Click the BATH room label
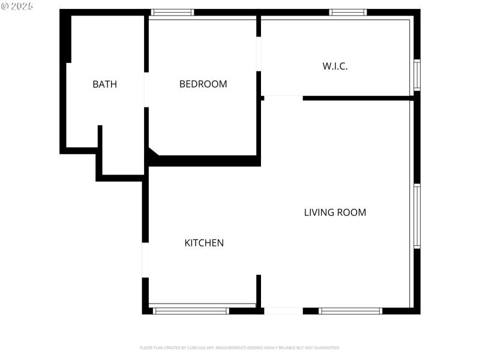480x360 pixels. click(104, 84)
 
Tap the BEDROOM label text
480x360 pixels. click(203, 84)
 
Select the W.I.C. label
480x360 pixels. click(335, 66)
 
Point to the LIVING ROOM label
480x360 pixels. click(335, 212)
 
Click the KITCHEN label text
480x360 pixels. click(204, 243)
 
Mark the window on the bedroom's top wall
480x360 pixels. click(172, 12)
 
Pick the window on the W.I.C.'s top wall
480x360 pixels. click(348, 12)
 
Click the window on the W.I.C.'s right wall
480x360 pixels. click(417, 74)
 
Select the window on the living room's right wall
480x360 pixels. click(417, 216)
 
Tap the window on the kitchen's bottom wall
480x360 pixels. click(191, 311)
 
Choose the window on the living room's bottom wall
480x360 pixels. click(350, 311)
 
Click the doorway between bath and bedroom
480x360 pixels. click(146, 90)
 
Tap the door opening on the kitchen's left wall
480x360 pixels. click(145, 260)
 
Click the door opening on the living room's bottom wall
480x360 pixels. click(283, 311)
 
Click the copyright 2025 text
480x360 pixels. click(17, 5)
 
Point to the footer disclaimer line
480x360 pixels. click(240, 348)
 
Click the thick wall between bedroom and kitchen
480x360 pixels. click(204, 161)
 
